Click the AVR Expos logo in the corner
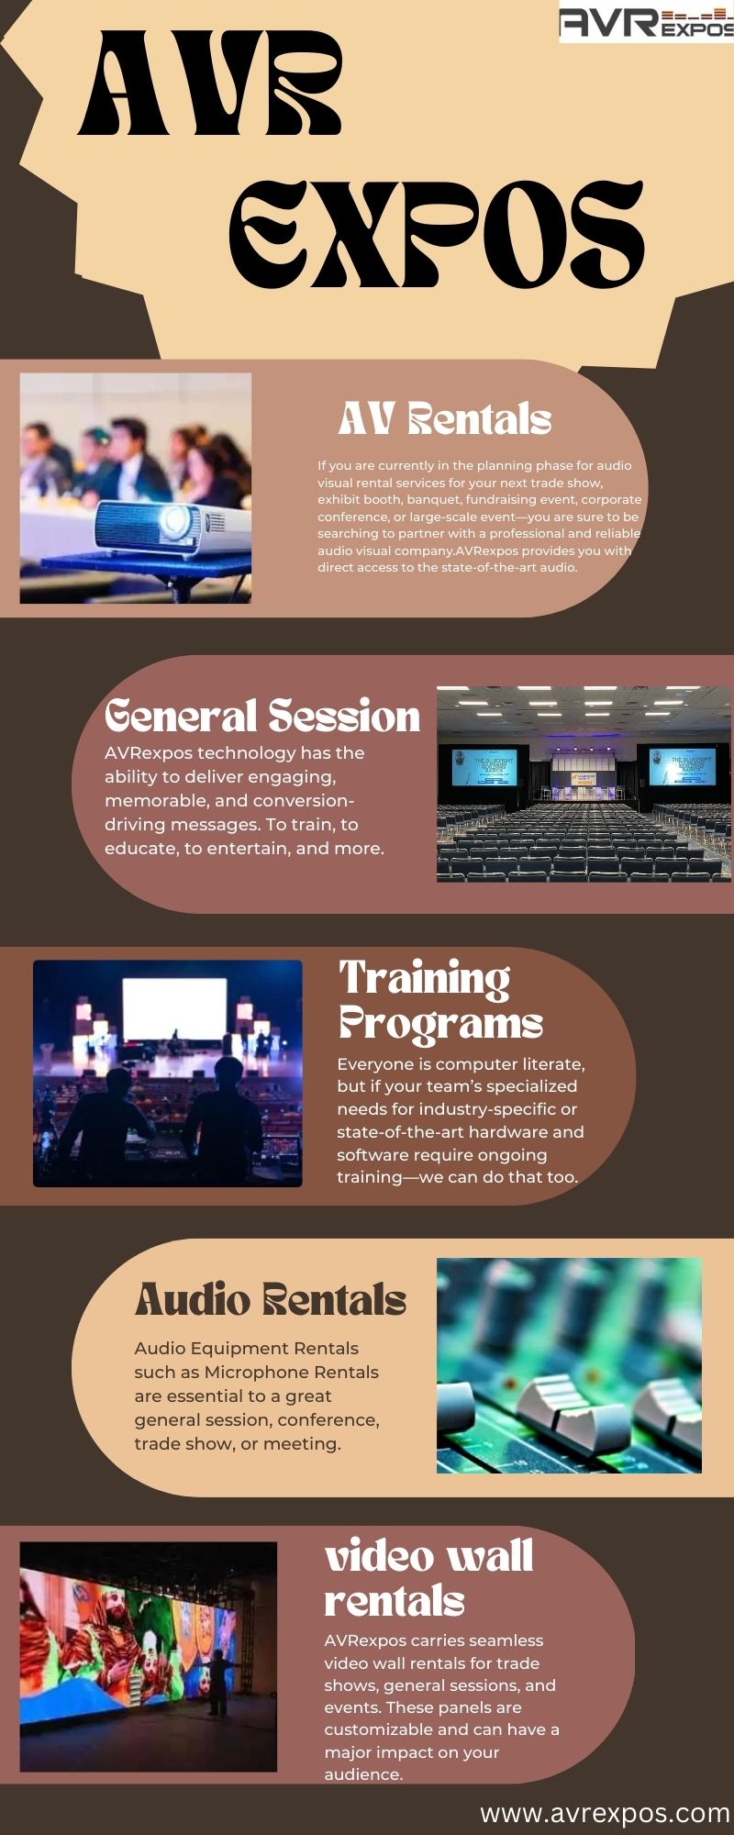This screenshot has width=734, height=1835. [647, 21]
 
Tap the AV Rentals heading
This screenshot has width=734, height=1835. [445, 419]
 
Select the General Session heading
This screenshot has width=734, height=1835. [262, 717]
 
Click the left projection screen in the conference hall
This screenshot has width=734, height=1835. [484, 767]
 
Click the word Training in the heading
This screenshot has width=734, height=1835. [425, 980]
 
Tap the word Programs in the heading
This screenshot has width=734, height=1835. [441, 1024]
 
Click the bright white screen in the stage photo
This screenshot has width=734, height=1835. [174, 1008]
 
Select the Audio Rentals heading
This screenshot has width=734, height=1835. [271, 1299]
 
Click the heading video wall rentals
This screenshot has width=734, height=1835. [429, 1578]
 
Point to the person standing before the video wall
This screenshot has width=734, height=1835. [217, 1682]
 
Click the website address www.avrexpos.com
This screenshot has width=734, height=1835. [606, 1814]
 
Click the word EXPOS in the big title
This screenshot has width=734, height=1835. [437, 236]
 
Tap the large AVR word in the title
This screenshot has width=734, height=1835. [210, 83]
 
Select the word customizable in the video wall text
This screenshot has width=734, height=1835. [380, 1730]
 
